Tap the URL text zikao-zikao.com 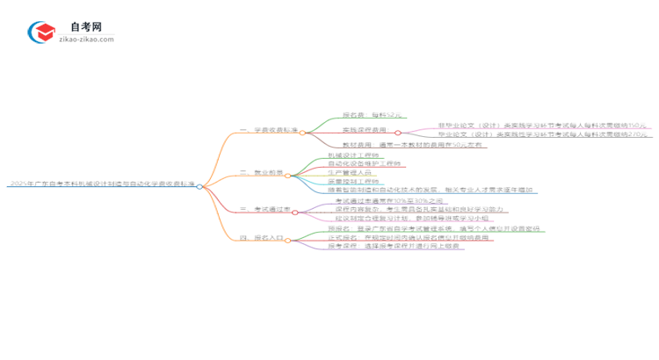pos(85,40)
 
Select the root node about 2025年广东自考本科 pos(100,184)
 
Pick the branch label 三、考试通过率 pos(264,211)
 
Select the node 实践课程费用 pos(366,130)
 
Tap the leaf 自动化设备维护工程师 pos(363,165)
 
